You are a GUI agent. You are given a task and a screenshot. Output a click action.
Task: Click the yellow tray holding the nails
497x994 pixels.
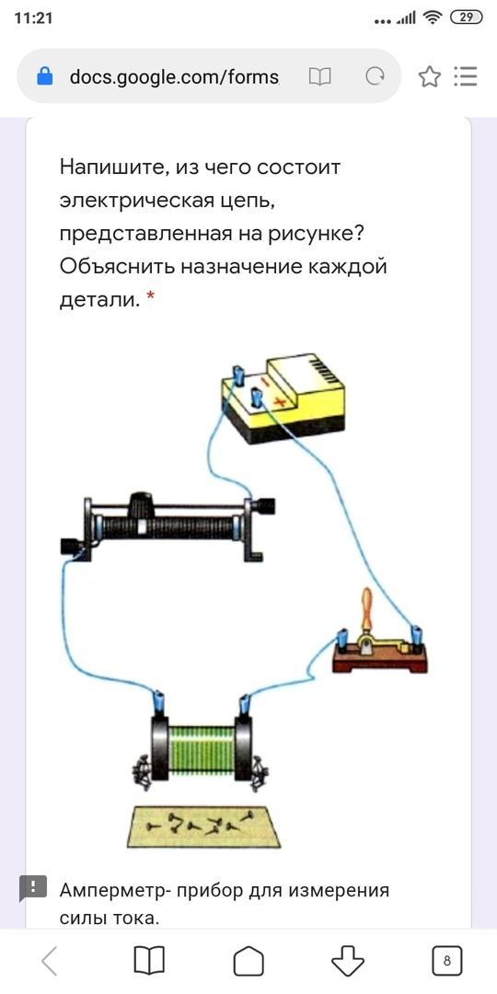click(x=203, y=826)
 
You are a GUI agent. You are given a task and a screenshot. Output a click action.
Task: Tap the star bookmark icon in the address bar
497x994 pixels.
click(x=429, y=77)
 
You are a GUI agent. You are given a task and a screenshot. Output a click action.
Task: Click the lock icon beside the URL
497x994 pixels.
click(x=45, y=76)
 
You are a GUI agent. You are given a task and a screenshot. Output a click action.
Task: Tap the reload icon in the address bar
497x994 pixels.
click(x=375, y=77)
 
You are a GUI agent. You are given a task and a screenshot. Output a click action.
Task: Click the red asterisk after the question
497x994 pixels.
click(x=150, y=295)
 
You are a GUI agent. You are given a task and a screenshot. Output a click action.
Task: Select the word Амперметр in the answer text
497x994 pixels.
click(x=114, y=891)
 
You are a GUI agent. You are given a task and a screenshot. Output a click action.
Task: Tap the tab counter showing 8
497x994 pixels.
click(x=447, y=961)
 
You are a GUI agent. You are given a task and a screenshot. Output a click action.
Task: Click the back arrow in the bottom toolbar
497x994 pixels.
click(x=50, y=961)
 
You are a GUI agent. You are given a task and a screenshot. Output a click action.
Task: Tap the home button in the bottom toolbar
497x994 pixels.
click(x=248, y=961)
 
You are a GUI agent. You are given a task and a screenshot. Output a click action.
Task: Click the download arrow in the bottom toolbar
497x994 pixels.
click(x=348, y=961)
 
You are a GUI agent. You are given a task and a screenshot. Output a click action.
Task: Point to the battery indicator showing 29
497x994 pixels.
click(x=466, y=17)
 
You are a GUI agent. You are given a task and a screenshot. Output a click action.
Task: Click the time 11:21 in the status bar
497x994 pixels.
click(x=33, y=17)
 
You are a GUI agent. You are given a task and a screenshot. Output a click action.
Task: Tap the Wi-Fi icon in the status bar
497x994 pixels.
click(x=433, y=17)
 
